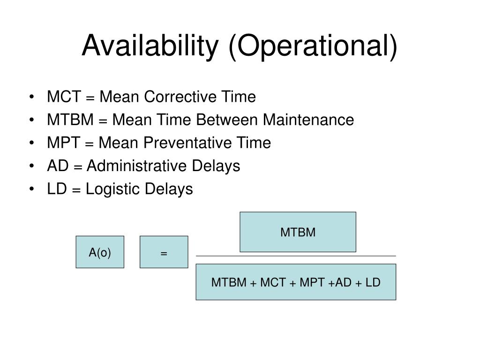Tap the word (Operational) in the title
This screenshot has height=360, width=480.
313,46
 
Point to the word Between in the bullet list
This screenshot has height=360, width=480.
227,120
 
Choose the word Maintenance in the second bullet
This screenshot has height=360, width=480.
308,120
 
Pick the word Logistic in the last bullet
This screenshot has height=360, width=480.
111,189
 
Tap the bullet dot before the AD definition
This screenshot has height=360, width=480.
31,166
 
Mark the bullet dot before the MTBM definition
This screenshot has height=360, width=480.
31,120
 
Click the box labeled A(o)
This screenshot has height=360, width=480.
100,252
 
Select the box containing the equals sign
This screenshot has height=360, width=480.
164,252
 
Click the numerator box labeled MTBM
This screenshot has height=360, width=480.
298,232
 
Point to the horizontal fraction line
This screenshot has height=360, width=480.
296,256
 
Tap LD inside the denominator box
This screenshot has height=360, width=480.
373,283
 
